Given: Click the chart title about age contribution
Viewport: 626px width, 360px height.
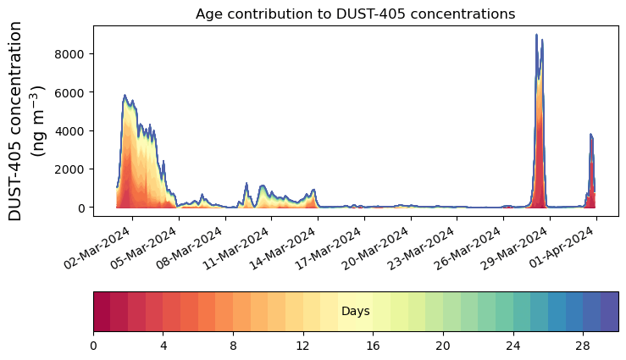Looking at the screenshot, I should [355, 14].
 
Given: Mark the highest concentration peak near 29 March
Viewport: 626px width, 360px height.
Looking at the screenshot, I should [536, 35].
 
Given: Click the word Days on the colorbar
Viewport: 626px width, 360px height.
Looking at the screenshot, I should [355, 312].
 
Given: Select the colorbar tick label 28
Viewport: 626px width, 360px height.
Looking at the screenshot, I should [583, 346].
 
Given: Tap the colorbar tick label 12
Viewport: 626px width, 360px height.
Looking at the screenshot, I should [302, 346].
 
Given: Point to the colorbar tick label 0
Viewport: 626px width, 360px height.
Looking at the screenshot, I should [93, 346].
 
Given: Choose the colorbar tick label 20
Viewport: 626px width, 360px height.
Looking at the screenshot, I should [442, 346].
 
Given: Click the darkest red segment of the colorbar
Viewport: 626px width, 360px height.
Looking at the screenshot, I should [102, 312].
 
